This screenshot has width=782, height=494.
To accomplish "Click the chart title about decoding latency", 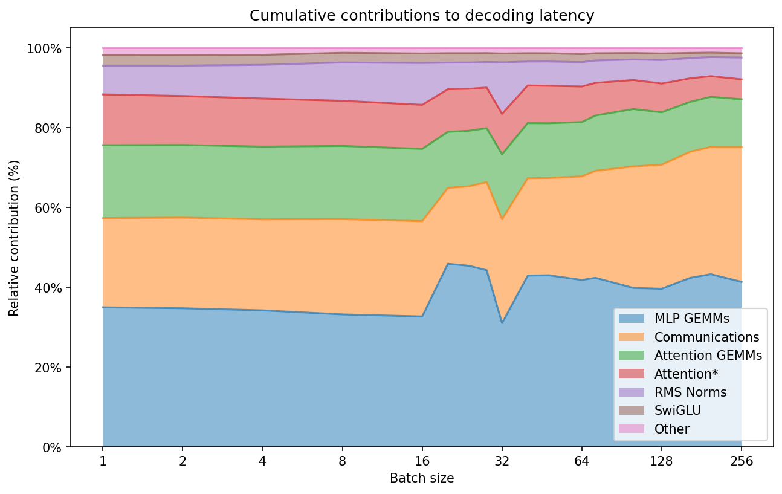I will [422, 16].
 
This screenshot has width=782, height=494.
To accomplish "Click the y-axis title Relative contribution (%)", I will [14, 238].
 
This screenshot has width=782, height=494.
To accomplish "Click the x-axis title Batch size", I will [422, 478].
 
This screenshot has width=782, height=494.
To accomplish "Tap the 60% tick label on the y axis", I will [50, 208].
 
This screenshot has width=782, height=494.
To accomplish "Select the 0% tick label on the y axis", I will [53, 447].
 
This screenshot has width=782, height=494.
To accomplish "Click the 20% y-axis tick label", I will [50, 368].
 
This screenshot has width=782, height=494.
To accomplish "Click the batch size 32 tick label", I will [502, 461].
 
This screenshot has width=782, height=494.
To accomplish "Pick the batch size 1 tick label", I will [103, 461].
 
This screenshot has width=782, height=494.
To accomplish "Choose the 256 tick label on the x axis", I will [742, 461].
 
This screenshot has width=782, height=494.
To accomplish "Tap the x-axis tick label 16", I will [422, 461].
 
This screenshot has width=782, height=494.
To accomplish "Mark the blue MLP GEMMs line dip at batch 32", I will [502, 323].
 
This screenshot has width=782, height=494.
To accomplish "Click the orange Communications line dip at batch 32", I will [502, 219].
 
